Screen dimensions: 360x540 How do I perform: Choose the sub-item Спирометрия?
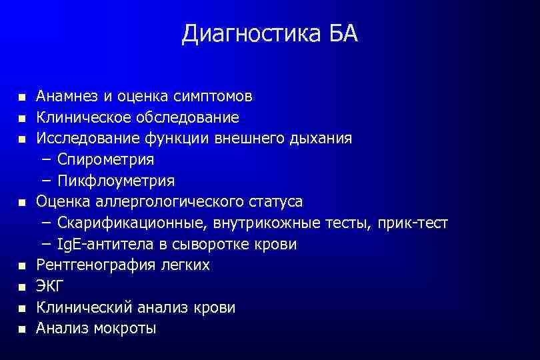[105, 160]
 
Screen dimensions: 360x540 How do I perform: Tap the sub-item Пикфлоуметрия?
[116, 181]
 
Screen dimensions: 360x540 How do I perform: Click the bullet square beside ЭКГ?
[22, 287]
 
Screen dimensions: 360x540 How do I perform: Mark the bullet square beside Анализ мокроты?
[22, 329]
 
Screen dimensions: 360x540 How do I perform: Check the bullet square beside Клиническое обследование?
[22, 119]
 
